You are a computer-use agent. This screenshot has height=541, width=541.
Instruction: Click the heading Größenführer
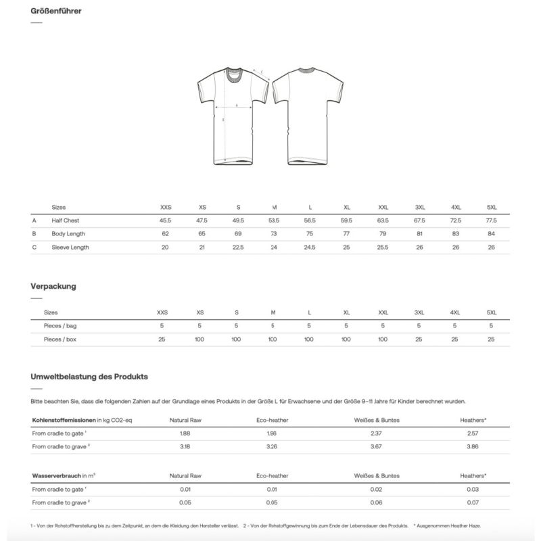[x=57, y=12]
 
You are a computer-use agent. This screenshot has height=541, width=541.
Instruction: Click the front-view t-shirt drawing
[x=233, y=115]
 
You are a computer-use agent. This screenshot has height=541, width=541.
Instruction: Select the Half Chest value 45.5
[x=166, y=220]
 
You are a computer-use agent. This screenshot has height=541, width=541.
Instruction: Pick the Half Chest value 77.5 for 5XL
[x=491, y=220]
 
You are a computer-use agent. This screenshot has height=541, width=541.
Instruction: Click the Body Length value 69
[x=237, y=234]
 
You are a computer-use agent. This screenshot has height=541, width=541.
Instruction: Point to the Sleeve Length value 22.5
[x=237, y=248]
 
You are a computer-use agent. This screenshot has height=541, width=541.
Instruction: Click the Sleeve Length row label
[x=70, y=248]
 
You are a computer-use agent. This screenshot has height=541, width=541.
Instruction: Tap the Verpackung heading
[x=53, y=286]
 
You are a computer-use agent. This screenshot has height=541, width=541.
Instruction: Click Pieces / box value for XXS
[x=162, y=339]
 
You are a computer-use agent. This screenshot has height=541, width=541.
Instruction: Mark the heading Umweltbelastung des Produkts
[x=89, y=376]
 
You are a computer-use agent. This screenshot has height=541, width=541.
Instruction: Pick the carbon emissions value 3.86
[x=473, y=447]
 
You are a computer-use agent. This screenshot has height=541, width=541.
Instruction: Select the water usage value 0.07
[x=473, y=502]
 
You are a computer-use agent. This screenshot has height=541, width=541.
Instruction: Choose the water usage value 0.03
[x=473, y=489]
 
